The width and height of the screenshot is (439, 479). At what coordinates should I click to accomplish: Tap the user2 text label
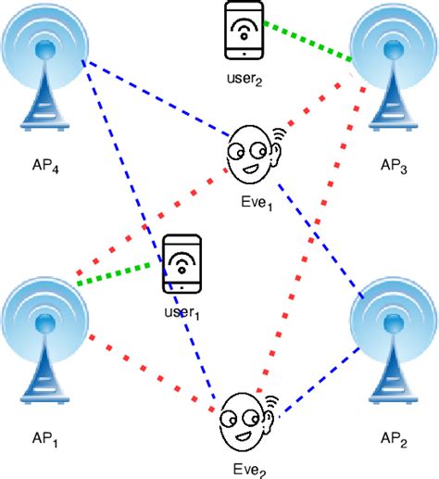245,82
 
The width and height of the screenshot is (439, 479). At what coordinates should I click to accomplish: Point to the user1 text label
182,313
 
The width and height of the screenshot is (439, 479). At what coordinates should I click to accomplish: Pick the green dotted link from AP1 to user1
119,275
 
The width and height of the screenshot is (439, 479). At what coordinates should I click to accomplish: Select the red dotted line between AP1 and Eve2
144,368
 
